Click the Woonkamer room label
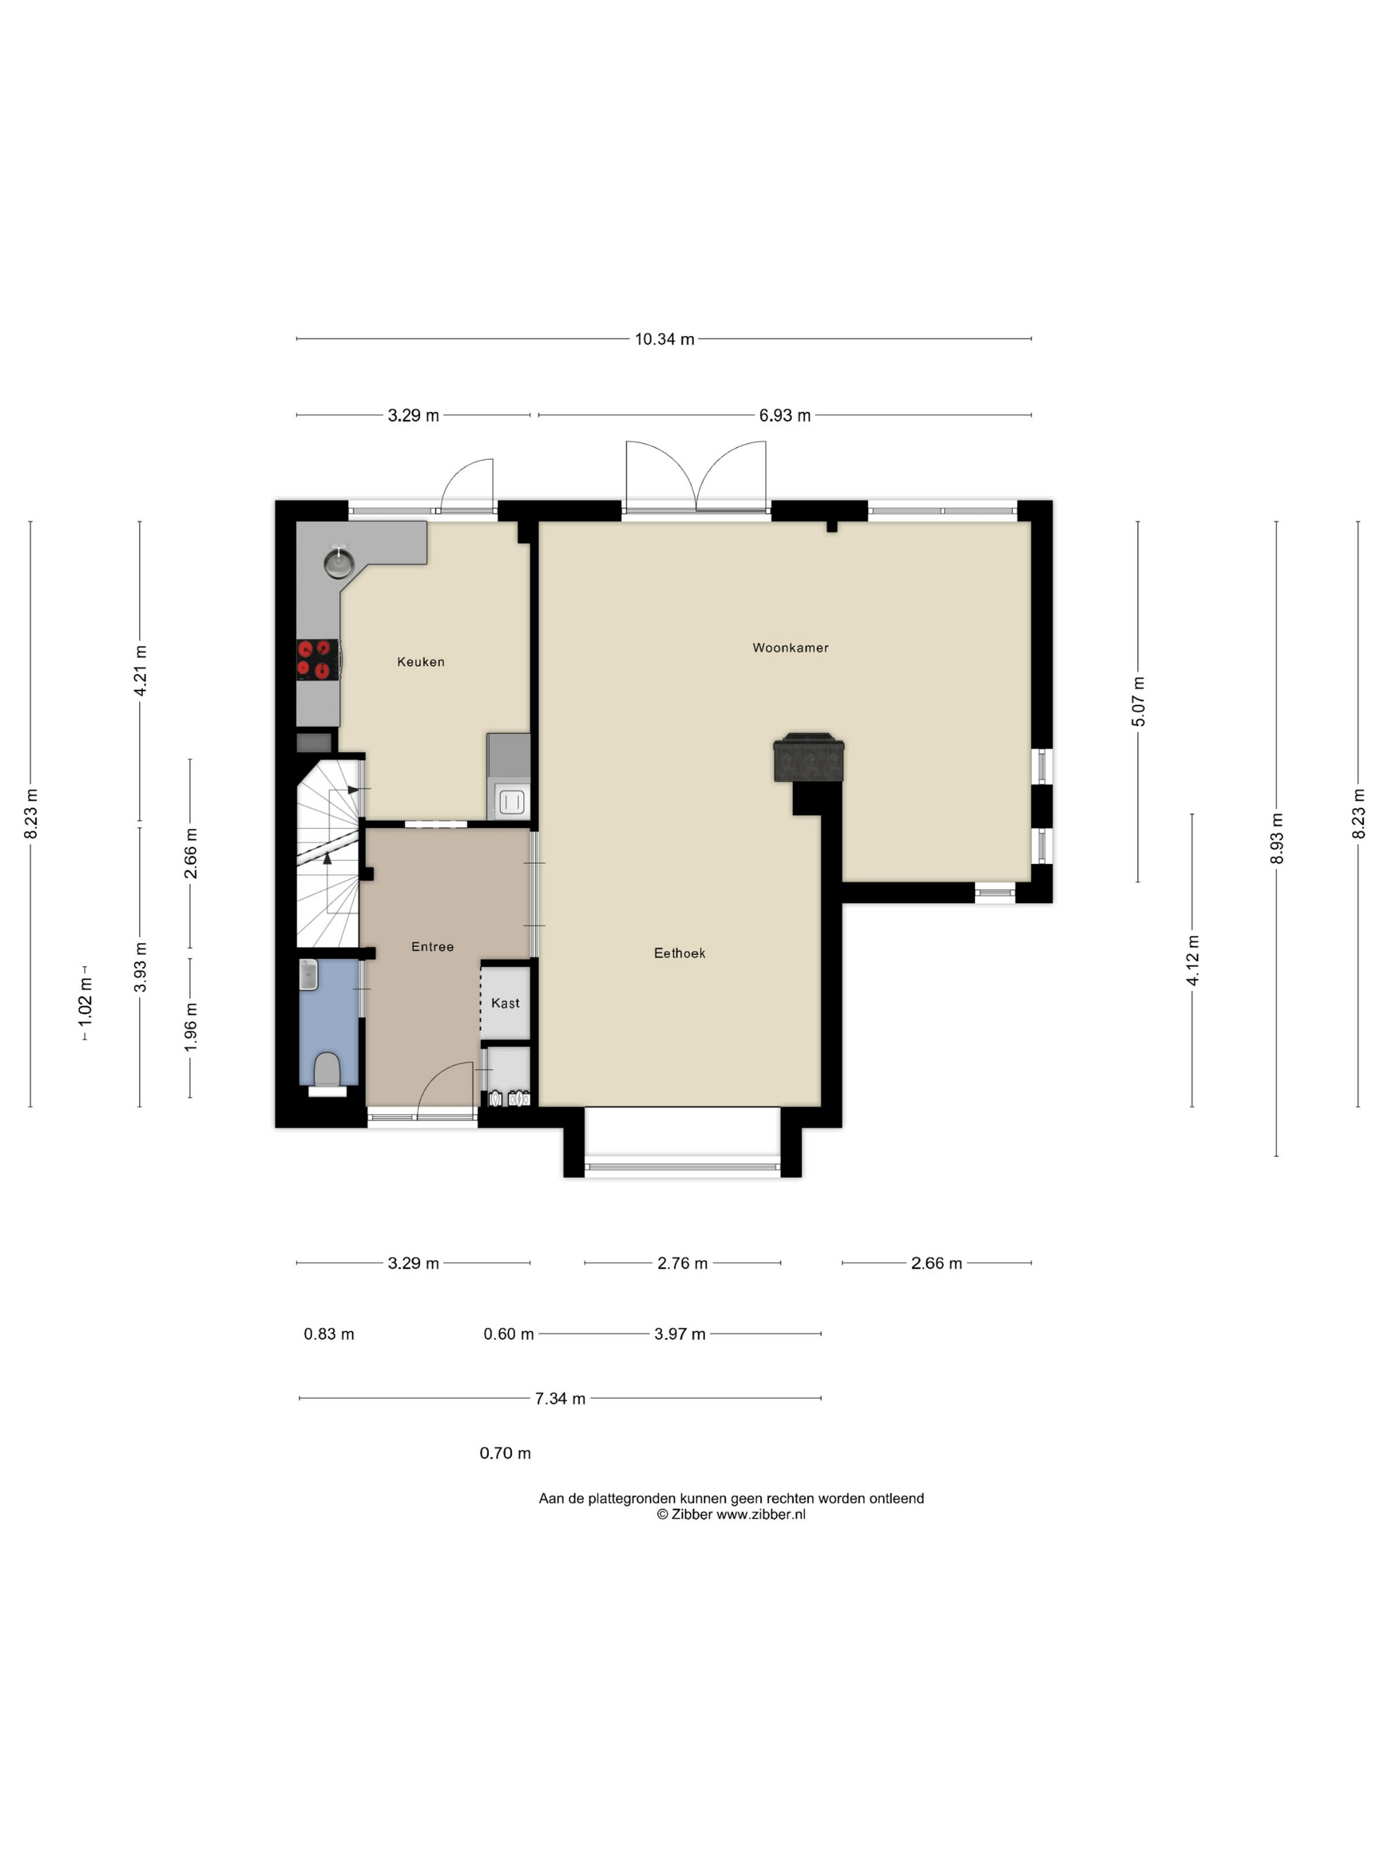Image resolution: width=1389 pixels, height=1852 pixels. tap(790, 647)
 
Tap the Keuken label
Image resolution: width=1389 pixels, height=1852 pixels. tap(420, 661)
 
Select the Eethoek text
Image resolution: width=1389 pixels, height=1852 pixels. tap(679, 953)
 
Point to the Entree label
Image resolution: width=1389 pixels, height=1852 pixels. tap(432, 946)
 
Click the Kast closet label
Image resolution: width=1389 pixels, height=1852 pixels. tap(505, 1003)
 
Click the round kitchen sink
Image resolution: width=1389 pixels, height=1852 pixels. tap(338, 563)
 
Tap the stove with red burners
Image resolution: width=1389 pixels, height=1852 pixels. tap(318, 658)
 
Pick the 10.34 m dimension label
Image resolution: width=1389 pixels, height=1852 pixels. tap(664, 339)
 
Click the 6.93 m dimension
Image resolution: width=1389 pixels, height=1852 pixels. tap(784, 415)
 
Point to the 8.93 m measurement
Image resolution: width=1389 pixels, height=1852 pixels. tap(1276, 838)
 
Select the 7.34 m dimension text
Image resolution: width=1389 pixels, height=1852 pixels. tap(560, 1398)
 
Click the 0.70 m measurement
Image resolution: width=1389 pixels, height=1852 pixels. tap(505, 1452)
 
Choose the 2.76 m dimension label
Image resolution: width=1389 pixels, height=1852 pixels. tap(683, 1263)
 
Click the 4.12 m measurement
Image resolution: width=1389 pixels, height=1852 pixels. tap(1193, 960)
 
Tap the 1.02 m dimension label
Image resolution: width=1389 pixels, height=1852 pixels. tap(85, 1002)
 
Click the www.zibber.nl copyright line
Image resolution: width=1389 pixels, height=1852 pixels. tap(731, 1514)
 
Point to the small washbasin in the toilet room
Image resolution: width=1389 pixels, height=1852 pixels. tap(308, 974)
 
